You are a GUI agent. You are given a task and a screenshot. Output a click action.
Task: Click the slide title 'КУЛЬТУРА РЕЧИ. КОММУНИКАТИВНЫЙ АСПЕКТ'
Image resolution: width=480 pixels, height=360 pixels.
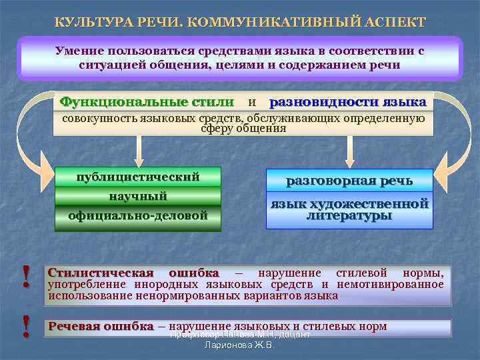[x=239, y=22]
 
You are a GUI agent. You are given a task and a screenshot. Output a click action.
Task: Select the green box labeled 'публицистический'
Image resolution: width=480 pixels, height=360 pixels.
[x=138, y=177]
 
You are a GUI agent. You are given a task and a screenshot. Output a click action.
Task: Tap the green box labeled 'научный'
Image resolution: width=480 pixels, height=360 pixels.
[x=138, y=196]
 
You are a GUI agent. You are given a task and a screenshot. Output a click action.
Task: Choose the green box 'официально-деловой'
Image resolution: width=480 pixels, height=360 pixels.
[x=138, y=216]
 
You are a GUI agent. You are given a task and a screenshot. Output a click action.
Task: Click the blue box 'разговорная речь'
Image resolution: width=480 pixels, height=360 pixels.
[x=349, y=181]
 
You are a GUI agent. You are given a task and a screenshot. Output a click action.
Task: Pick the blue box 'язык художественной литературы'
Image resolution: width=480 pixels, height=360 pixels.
[x=349, y=210]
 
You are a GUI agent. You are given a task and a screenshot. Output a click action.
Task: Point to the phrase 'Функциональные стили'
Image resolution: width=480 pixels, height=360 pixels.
[x=147, y=102]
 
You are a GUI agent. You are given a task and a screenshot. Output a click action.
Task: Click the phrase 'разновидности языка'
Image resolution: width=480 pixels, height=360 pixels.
[x=347, y=102]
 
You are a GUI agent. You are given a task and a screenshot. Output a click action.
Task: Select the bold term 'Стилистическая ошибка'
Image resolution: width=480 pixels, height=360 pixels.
[x=133, y=273]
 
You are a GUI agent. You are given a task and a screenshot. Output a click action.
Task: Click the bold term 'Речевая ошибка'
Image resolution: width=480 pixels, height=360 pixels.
[x=101, y=326]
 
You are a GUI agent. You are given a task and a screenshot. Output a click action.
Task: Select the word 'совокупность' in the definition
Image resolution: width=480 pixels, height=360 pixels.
[x=99, y=119]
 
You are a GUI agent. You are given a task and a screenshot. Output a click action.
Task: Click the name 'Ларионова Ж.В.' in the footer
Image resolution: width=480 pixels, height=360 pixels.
[x=239, y=345]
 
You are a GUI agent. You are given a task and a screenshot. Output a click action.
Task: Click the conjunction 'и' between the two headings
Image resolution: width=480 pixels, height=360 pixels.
[x=251, y=103]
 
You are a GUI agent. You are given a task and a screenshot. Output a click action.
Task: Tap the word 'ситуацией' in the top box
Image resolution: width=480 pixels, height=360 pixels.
[x=108, y=65]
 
